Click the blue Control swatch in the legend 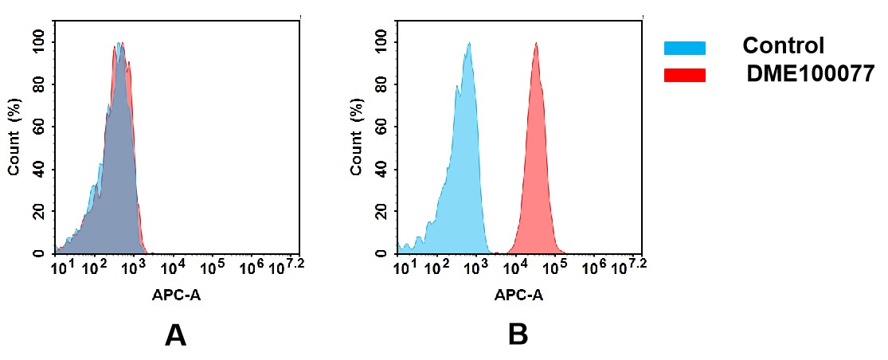tap(684, 49)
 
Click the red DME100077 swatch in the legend tap(684, 75)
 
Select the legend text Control tap(783, 46)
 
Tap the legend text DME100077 tap(810, 75)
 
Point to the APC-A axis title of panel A tap(176, 295)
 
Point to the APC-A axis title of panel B tap(518, 295)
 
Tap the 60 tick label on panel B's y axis tap(381, 127)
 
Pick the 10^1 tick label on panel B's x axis tap(405, 267)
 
